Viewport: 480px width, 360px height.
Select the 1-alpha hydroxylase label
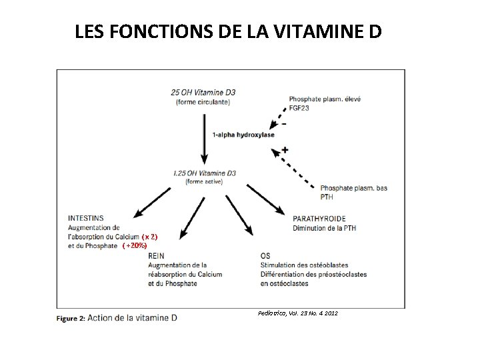(x=243, y=135)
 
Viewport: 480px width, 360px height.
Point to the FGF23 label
(x=300, y=107)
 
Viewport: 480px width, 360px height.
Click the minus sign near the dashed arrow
(x=285, y=124)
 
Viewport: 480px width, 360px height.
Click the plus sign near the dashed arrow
(x=285, y=150)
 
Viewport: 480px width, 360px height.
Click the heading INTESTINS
(x=86, y=218)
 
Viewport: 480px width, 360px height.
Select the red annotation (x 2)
(x=149, y=237)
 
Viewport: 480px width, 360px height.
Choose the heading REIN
(x=156, y=255)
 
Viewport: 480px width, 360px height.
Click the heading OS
(x=265, y=255)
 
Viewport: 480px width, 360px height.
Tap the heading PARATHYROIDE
(x=319, y=218)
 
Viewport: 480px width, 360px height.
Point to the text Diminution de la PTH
(x=324, y=228)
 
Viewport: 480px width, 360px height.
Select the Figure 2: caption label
(x=70, y=318)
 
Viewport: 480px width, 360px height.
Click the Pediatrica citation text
(x=297, y=313)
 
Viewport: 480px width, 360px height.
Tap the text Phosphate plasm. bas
(x=353, y=188)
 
